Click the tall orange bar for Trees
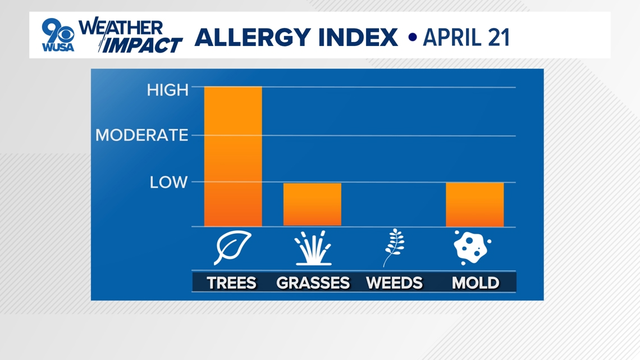(233, 156)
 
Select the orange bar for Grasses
(312, 204)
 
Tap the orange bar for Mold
(475, 204)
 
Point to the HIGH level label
(167, 90)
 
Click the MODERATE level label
(141, 135)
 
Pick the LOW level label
(168, 183)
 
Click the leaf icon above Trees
(232, 247)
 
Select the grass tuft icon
(313, 248)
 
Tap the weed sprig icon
(394, 247)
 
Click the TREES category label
(231, 283)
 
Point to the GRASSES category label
(313, 283)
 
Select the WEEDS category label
(394, 283)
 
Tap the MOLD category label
(476, 283)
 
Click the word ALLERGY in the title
(253, 38)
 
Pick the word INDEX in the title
(358, 38)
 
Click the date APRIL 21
(466, 38)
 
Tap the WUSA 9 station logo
(58, 35)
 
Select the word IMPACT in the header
(140, 45)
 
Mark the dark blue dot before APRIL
(412, 37)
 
